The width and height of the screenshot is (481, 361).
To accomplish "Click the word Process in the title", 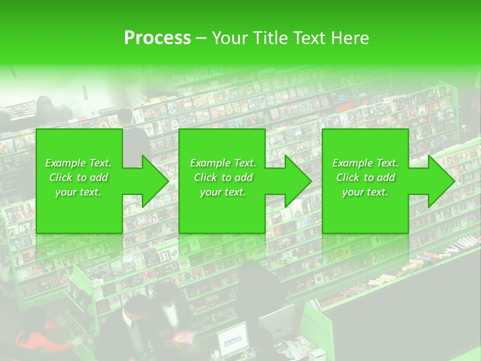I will pyautogui.click(x=157, y=38).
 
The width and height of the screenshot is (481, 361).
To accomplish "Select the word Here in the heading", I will pyautogui.click(x=349, y=38).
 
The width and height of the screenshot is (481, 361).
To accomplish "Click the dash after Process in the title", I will pyautogui.click(x=201, y=38).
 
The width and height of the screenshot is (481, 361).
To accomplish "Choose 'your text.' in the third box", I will pyautogui.click(x=365, y=192).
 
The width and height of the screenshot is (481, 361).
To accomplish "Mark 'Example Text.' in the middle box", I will pyautogui.click(x=222, y=163).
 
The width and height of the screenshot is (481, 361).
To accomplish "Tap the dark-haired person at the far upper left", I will pyautogui.click(x=44, y=106).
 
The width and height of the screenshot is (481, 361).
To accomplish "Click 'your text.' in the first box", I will pyautogui.click(x=78, y=192).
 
